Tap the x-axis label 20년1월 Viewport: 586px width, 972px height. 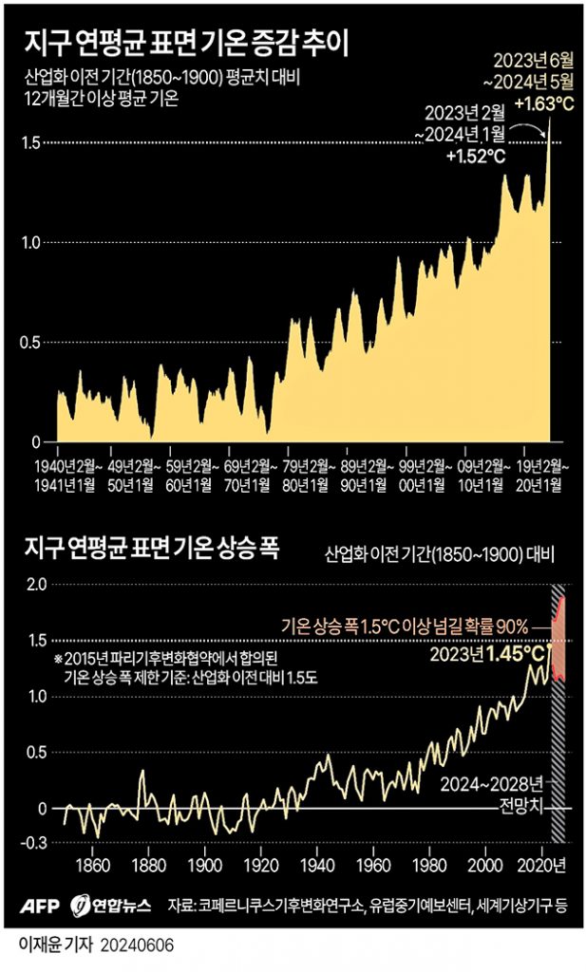point(537,484)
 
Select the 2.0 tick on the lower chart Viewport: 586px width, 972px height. point(36,585)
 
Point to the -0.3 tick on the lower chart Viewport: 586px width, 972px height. point(34,843)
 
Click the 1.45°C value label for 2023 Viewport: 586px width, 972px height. point(518,654)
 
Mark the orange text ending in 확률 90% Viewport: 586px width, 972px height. point(405,626)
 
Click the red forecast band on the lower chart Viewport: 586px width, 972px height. point(558,636)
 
